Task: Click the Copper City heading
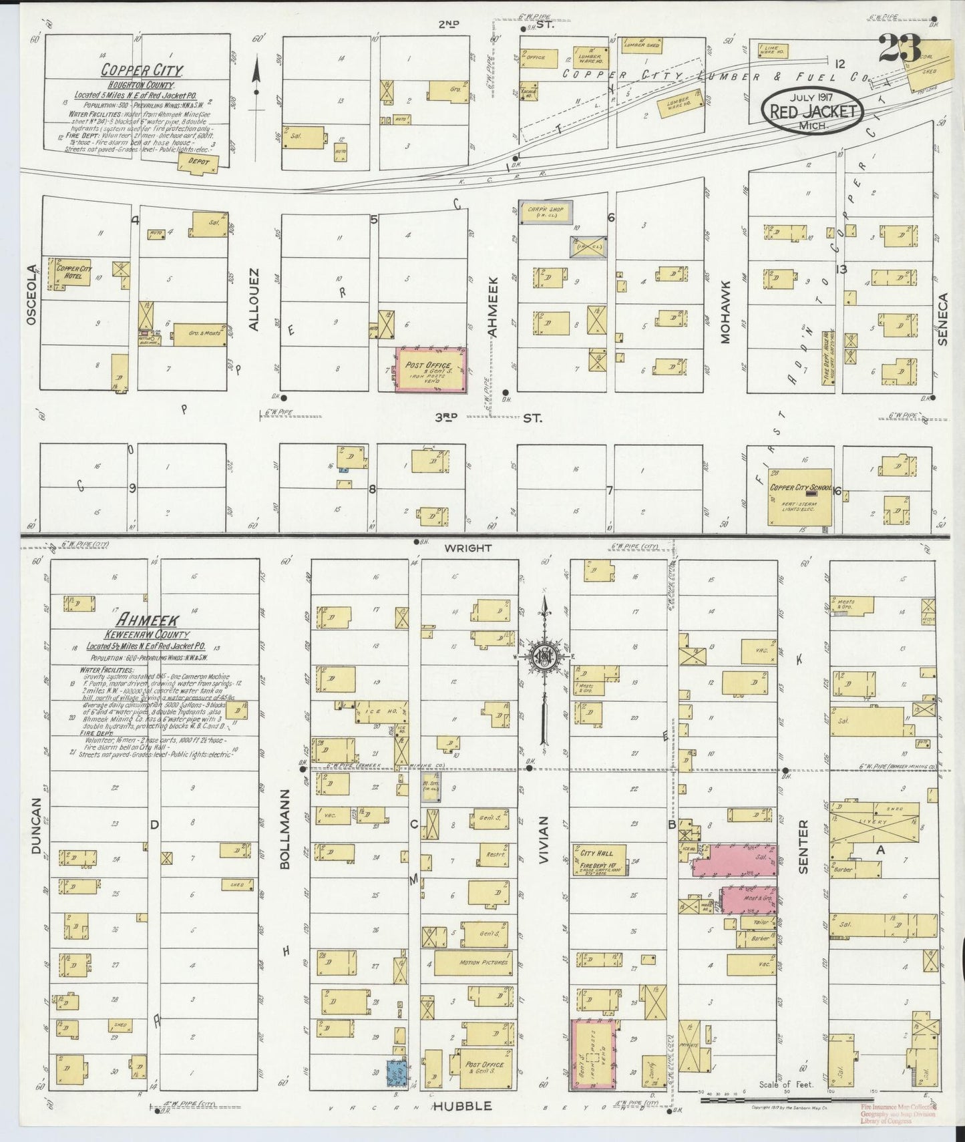142,69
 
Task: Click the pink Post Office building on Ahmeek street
431,369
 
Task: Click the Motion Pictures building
475,962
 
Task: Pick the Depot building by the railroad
198,163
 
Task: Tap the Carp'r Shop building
546,212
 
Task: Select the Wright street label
468,548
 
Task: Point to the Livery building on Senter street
878,822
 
